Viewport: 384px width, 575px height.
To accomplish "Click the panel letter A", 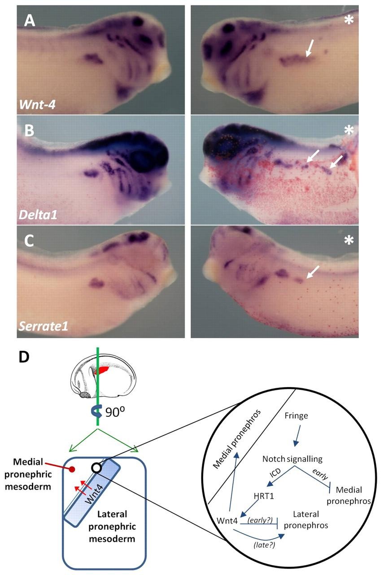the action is (30, 21).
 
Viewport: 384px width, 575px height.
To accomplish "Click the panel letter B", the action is (29, 130).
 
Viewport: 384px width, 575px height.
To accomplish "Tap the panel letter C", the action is (29, 241).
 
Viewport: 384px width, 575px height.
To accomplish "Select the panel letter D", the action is (24, 357).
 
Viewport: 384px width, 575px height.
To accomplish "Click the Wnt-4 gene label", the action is (37, 105).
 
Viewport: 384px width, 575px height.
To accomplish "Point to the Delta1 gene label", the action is (38, 215).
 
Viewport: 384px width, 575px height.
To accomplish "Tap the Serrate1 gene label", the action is (44, 326).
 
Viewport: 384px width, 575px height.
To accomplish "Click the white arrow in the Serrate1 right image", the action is (313, 272).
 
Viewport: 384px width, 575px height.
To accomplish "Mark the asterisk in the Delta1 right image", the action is (349, 130).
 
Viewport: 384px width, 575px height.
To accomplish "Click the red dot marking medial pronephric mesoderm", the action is (72, 469).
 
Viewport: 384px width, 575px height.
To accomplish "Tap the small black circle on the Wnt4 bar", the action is (96, 468).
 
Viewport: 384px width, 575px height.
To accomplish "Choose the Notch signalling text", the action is (292, 459).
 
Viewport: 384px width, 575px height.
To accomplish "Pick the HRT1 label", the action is (264, 495).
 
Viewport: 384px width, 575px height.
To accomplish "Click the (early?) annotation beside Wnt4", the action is (260, 520).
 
